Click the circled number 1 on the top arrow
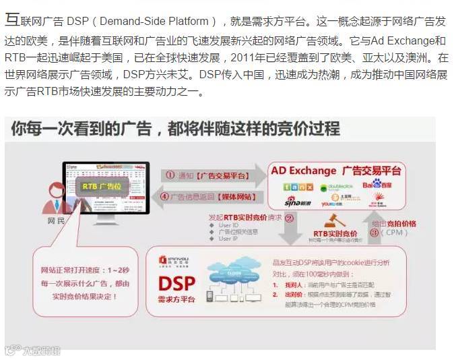click(170, 174)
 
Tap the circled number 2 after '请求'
click(289, 218)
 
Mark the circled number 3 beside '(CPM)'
click(374, 233)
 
